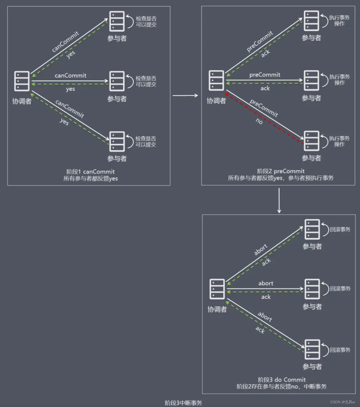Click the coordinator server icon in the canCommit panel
pos(22,81)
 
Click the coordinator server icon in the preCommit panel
pos(217,81)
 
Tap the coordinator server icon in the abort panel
pos(217,289)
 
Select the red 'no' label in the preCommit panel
pos(259,121)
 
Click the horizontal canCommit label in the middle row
pos(70,75)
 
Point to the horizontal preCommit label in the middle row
pos(265,75)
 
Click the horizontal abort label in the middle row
pos(266,283)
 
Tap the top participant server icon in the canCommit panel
pos(117,21)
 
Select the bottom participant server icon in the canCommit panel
pos(117,141)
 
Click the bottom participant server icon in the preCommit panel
pos(311,141)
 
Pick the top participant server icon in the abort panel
pos(312,229)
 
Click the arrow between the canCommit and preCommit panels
pos(185,95)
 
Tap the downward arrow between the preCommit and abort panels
pos(279,200)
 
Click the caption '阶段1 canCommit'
pos(90,172)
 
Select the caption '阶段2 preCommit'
pos(281,171)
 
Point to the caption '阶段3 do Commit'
pos(282,380)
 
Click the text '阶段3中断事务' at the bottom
pos(183,403)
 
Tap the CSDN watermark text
pos(342,402)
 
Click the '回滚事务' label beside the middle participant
pos(340,289)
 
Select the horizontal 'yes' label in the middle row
pos(70,89)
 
